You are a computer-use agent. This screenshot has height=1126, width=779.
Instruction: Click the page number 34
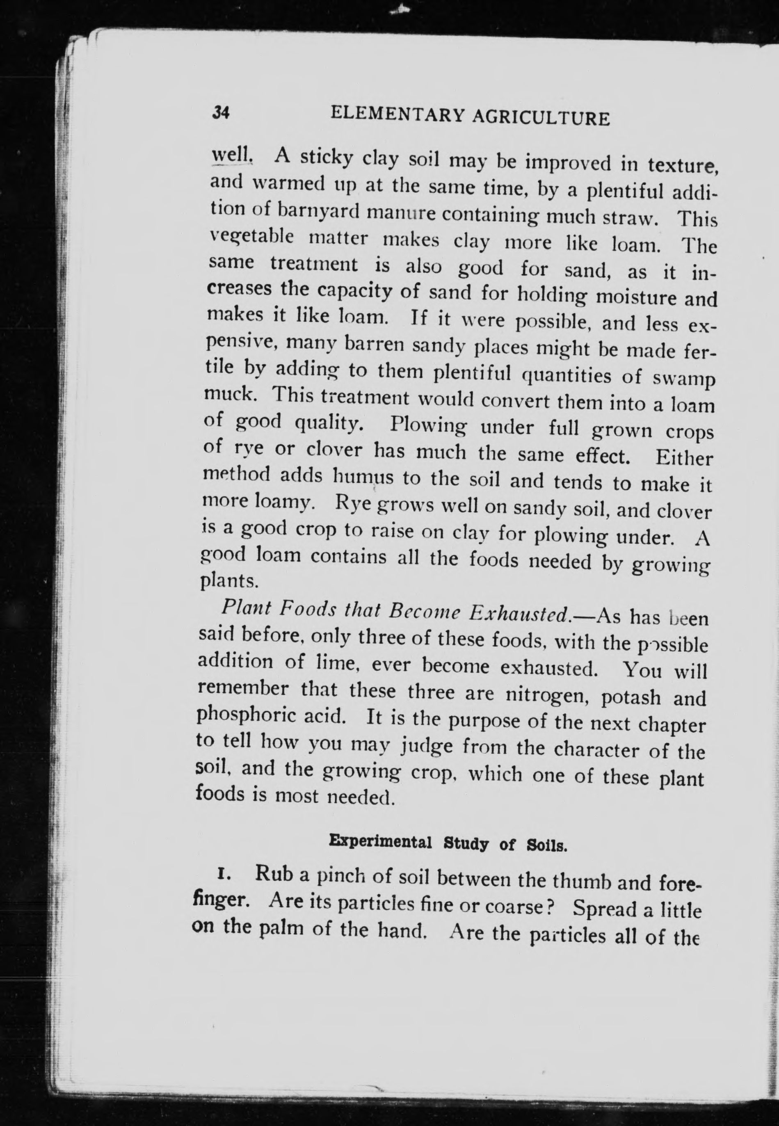tap(221, 113)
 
